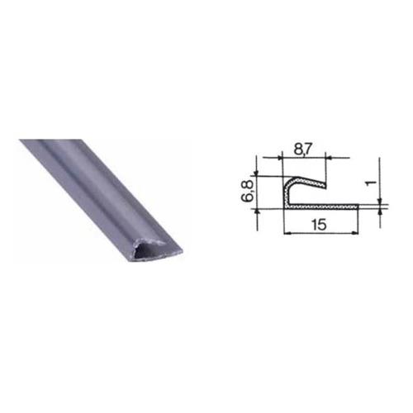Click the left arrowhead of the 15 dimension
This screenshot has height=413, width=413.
coord(287,234)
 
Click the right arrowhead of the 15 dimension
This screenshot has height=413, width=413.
coord(355,234)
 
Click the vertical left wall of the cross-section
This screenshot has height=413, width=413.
coord(286,194)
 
